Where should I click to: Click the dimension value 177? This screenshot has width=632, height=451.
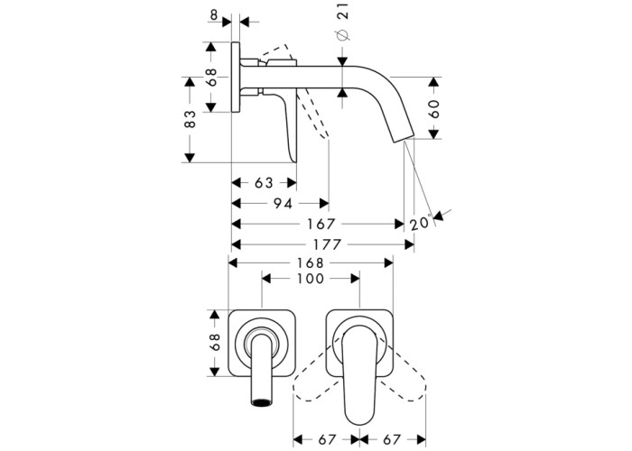pos(326,244)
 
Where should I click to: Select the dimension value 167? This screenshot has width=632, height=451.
pos(321,224)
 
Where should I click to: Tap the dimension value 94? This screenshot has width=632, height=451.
pos(283,204)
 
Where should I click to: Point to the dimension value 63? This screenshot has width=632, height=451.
pos(264,183)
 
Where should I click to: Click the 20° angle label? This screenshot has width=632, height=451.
pos(421,223)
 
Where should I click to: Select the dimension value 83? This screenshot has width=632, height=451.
pos(190,119)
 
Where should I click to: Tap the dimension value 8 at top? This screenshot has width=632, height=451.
pos(214,15)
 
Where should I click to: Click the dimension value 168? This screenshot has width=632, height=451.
pos(311,263)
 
